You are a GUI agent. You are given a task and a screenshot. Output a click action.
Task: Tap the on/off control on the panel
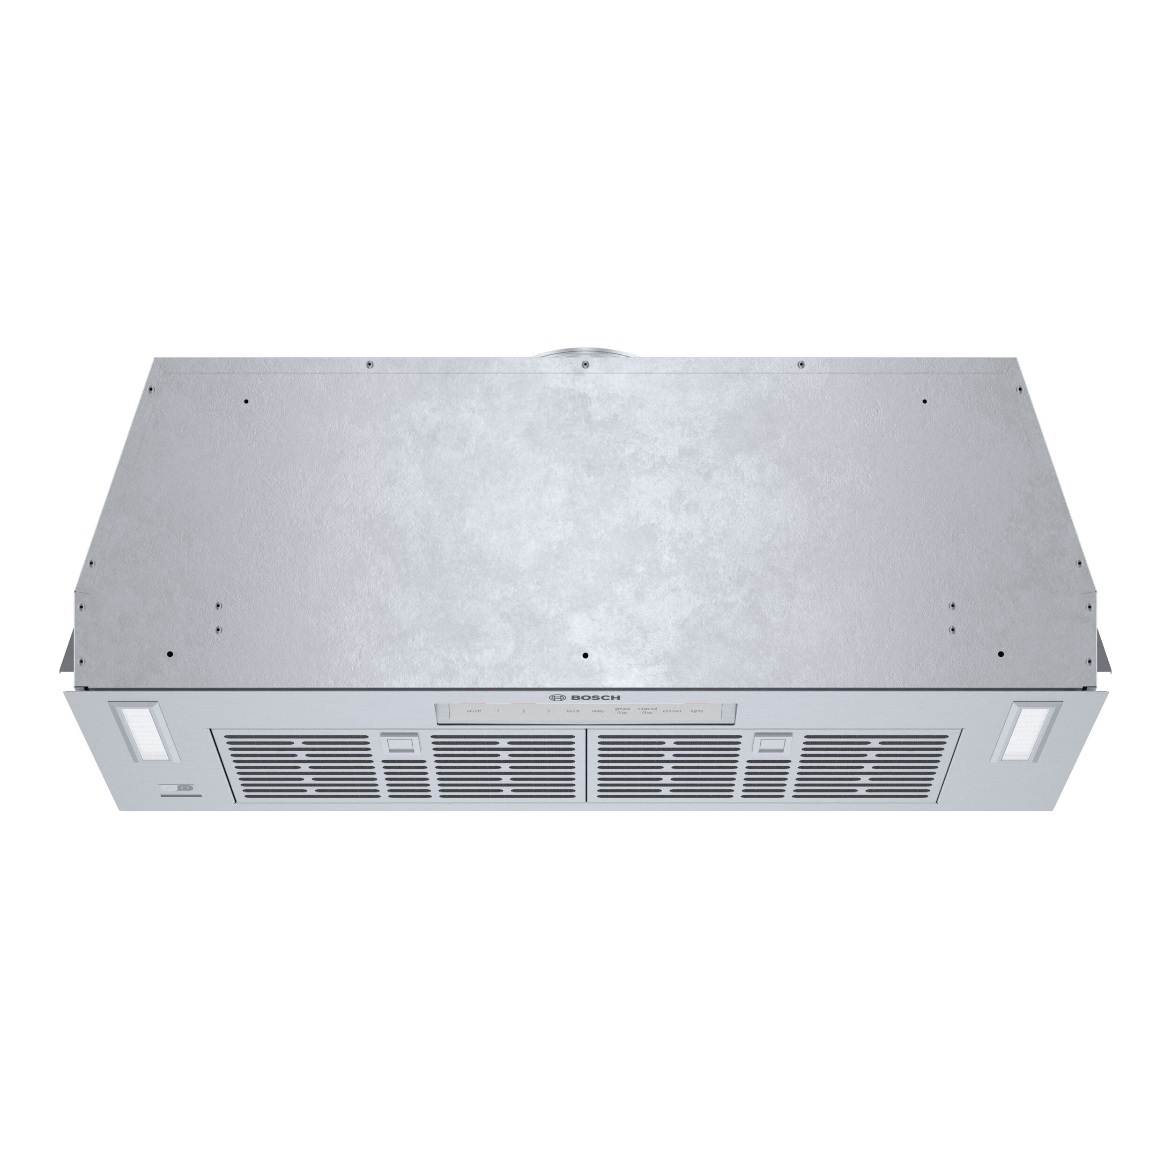(474, 711)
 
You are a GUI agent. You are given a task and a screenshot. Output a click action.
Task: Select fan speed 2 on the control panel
(524, 711)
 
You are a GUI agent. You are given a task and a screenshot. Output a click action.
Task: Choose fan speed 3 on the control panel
(548, 711)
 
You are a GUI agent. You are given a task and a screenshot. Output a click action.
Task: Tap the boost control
(573, 711)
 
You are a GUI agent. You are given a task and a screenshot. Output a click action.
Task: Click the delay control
(598, 711)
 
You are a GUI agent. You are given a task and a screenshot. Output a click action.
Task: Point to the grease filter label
(623, 711)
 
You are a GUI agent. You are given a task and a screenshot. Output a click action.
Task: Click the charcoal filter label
(647, 711)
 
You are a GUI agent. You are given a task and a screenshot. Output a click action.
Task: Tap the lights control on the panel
(697, 711)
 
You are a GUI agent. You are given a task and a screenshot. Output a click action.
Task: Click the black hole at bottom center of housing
(585, 656)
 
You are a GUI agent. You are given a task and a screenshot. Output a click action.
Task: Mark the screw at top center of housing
(585, 364)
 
